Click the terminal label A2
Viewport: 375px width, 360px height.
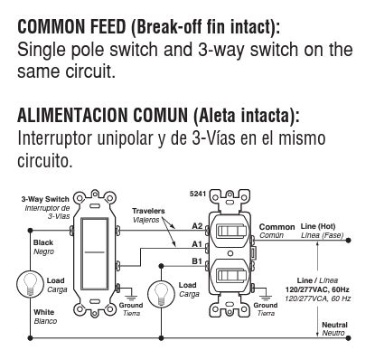[x=197, y=226]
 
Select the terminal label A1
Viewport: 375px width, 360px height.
[x=197, y=243]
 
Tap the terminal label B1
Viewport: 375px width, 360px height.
[x=197, y=261]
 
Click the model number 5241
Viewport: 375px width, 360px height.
[x=197, y=194]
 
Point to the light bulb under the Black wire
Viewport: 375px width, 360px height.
[x=30, y=284]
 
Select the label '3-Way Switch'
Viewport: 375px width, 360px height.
[x=45, y=199]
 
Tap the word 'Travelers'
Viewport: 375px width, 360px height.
[x=148, y=211]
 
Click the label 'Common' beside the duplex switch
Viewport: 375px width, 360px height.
[x=277, y=227]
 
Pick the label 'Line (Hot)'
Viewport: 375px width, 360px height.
[x=318, y=226]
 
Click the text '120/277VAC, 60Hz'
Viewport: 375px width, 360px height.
[x=317, y=289]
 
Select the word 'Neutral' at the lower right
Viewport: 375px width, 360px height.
[x=334, y=325]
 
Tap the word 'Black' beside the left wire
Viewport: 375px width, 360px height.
[x=43, y=242]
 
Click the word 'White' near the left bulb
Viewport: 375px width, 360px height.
[x=44, y=312]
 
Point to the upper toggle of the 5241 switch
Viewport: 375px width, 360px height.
[x=231, y=232]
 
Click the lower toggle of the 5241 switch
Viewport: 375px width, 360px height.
[x=231, y=275]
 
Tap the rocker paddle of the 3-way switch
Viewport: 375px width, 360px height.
[x=95, y=254]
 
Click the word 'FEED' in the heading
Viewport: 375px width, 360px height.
[x=108, y=26]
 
